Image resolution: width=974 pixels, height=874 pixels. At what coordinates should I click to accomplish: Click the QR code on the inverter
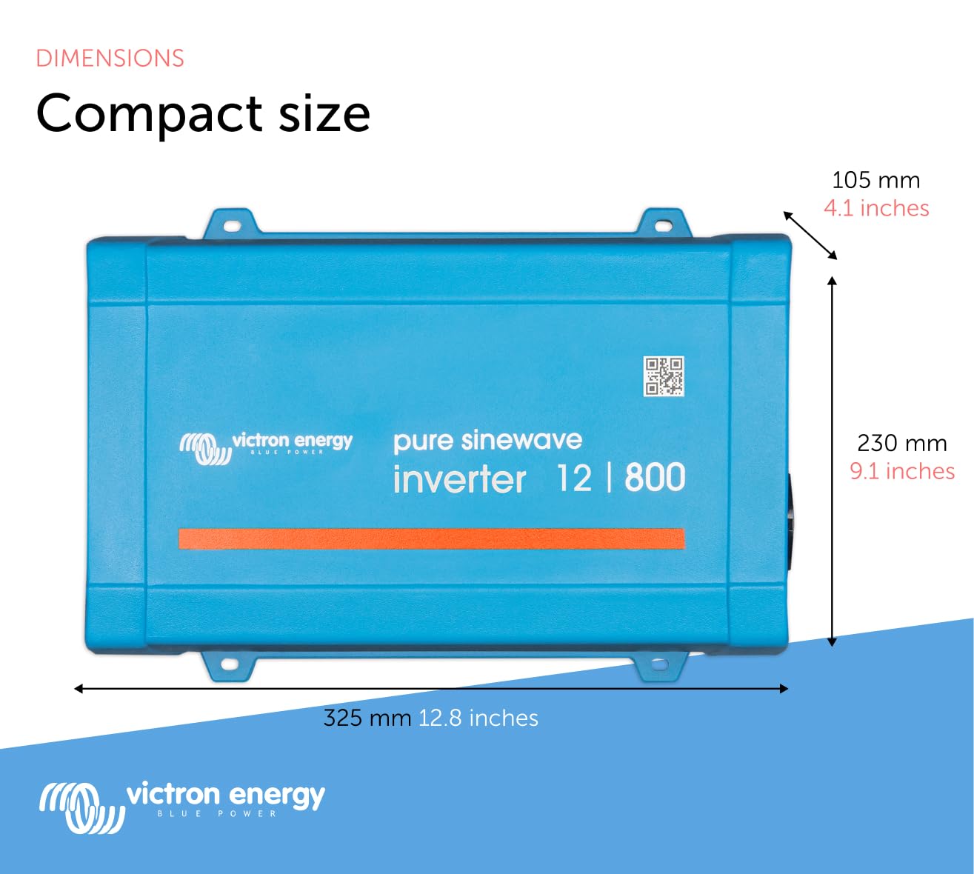point(663,376)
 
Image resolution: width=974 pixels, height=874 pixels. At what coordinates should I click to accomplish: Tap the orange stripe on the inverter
point(431,538)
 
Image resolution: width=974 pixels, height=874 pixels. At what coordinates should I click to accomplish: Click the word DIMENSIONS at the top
point(110,59)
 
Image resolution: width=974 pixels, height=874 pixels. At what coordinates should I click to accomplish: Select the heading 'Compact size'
point(203,113)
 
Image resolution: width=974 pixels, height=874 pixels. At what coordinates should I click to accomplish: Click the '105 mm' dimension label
point(875,180)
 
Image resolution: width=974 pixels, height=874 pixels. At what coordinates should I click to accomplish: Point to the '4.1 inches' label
point(876,208)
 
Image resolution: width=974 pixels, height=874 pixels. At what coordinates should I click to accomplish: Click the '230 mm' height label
point(901,443)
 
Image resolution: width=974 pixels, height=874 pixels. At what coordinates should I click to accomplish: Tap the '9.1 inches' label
point(901,471)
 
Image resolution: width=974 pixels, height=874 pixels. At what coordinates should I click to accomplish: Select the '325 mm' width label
point(367,718)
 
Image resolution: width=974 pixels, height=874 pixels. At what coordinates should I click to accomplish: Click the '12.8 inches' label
point(478,718)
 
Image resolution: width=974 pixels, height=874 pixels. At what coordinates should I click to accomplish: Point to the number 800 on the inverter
point(655,478)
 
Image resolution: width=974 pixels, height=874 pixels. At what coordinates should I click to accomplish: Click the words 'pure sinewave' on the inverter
point(487,441)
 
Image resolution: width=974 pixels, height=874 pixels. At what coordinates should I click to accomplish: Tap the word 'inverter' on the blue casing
point(459,480)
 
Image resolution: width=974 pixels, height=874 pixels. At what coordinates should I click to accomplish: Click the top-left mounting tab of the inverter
point(230,224)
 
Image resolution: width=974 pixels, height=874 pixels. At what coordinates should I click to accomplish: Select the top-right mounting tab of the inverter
point(664,224)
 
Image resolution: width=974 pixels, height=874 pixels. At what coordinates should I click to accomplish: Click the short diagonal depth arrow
point(810,236)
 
